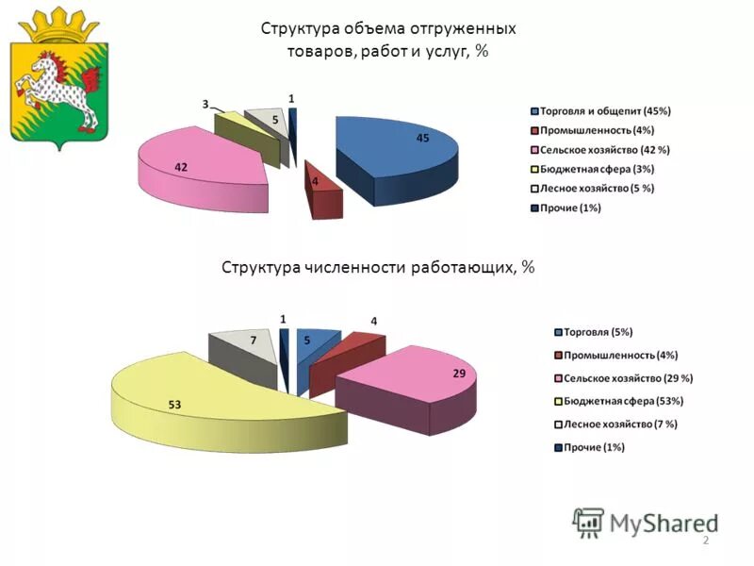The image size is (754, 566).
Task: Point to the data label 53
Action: [x=174, y=405]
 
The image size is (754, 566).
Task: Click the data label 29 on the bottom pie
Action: [x=459, y=374]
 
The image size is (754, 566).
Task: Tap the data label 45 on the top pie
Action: [x=423, y=139]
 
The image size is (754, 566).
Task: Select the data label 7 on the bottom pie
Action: [x=254, y=338]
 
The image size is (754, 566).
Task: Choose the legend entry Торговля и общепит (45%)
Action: [x=603, y=110]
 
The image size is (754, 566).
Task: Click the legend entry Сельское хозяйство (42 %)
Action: [x=603, y=150]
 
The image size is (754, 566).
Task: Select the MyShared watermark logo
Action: [x=646, y=522]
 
